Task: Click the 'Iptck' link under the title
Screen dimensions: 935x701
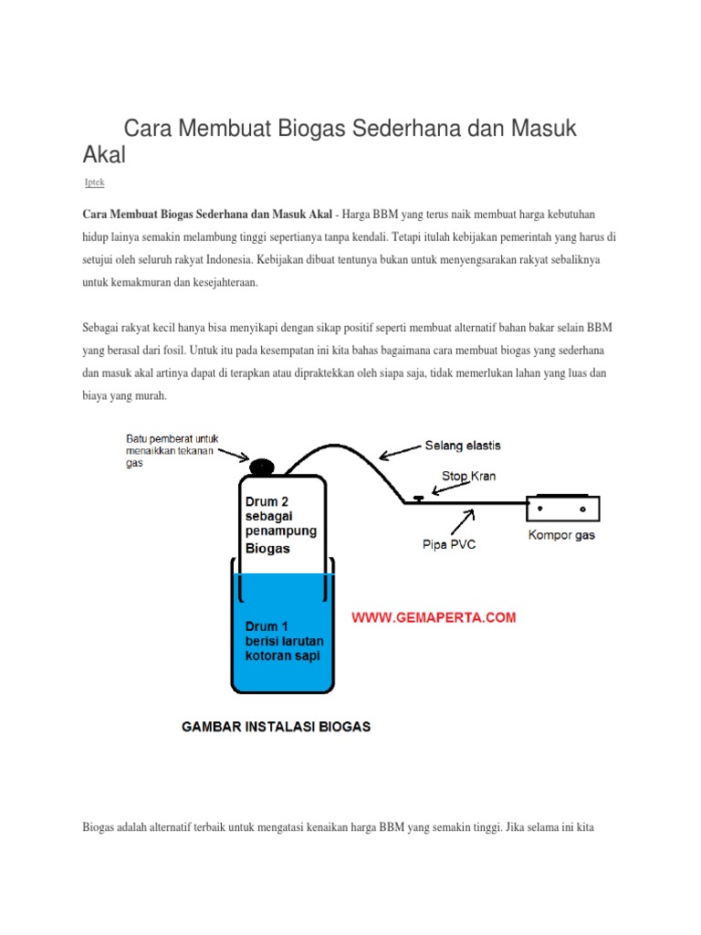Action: pyautogui.click(x=94, y=183)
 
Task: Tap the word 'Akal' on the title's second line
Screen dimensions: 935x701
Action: pyautogui.click(x=104, y=155)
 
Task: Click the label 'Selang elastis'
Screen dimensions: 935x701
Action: pyautogui.click(x=462, y=446)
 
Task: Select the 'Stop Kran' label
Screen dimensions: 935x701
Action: pyautogui.click(x=469, y=476)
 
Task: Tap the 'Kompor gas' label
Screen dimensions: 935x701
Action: pyautogui.click(x=561, y=535)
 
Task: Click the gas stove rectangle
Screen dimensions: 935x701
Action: pyautogui.click(x=562, y=507)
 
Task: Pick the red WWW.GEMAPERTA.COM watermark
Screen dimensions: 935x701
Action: pyautogui.click(x=434, y=618)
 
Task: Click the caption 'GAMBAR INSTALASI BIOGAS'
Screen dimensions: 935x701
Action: pyautogui.click(x=276, y=728)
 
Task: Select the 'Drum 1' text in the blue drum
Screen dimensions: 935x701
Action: pyautogui.click(x=267, y=627)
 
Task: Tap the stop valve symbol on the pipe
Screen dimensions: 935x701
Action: pyautogui.click(x=417, y=499)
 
